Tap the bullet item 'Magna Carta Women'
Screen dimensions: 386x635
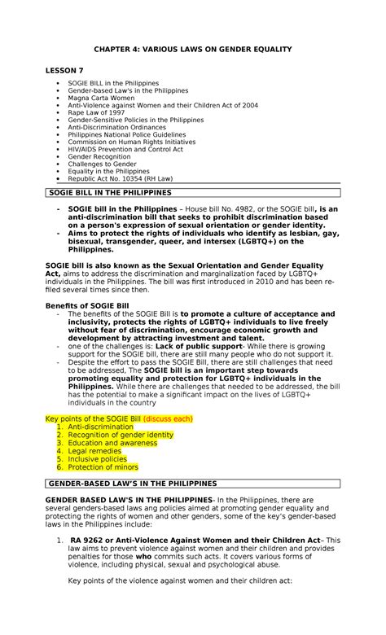point(100,97)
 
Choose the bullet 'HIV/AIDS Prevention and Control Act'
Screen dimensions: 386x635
point(126,149)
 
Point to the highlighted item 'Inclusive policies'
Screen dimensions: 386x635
point(99,459)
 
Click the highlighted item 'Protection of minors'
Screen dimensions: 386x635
point(103,467)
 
